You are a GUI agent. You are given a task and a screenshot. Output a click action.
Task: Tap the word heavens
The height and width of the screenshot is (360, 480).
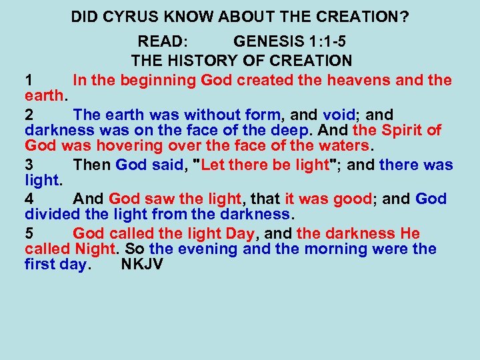coord(343,81)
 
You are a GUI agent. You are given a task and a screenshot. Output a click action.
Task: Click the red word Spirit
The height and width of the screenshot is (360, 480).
coord(404,131)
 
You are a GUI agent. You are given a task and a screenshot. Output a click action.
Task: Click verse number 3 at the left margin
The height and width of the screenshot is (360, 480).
coord(29,165)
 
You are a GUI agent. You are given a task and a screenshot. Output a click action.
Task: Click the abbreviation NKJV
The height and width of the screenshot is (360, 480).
coord(141,265)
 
